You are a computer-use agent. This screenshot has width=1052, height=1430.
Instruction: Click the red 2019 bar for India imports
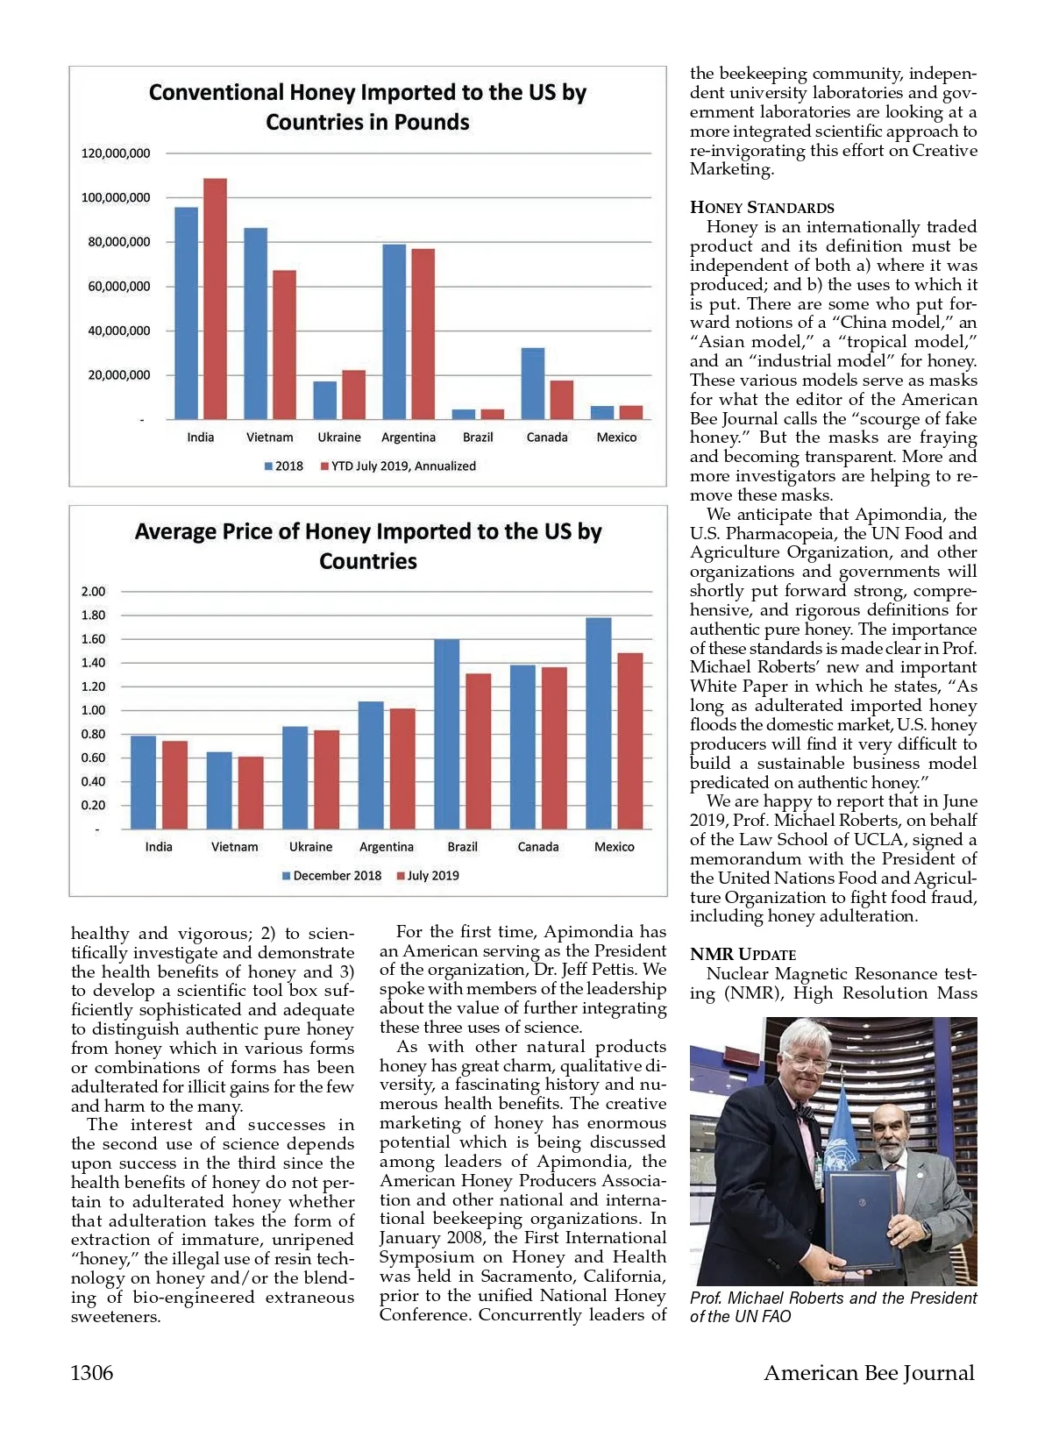[x=215, y=298]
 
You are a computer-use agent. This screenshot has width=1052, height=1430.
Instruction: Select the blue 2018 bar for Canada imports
[x=533, y=383]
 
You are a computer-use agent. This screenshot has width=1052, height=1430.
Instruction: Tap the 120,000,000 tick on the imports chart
[x=116, y=153]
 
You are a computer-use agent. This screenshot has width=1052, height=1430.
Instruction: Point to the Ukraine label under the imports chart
[x=339, y=438]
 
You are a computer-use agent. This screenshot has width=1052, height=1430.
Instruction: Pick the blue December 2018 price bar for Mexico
[x=599, y=722]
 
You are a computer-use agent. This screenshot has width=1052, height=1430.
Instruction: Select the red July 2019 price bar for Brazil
[x=479, y=751]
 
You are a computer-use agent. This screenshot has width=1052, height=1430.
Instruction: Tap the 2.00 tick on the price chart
[x=93, y=592]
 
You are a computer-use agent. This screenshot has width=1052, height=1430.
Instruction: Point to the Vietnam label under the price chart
[x=235, y=847]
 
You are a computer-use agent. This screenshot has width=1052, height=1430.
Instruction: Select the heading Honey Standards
[x=762, y=208]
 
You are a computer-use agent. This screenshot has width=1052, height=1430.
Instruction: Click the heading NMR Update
[x=743, y=954]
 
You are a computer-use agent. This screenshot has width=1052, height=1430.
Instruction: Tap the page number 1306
[x=92, y=1373]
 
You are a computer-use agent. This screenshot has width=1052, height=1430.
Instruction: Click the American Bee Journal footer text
[x=869, y=1373]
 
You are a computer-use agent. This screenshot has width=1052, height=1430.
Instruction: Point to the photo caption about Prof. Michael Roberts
[x=833, y=1307]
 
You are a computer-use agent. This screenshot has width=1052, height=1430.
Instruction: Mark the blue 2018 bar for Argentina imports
[x=394, y=331]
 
